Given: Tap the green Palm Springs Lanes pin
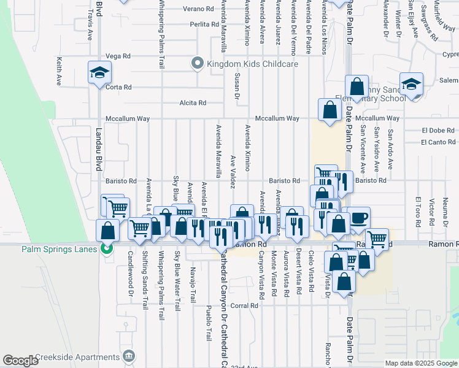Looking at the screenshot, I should tap(107, 249).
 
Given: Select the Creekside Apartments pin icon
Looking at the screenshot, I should tap(128, 356).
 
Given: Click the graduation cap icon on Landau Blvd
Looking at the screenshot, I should tap(98, 73).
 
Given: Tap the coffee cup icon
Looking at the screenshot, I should tap(359, 217).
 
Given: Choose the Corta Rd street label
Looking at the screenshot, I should tap(118, 87).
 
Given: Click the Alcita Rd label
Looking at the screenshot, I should tap(193, 103).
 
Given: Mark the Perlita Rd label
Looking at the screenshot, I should tap(204, 25).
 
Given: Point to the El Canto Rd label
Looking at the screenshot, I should tap(438, 142).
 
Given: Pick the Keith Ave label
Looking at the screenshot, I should tap(59, 71).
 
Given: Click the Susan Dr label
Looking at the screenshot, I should tap(237, 85).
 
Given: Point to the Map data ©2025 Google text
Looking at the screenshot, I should tap(421, 363).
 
